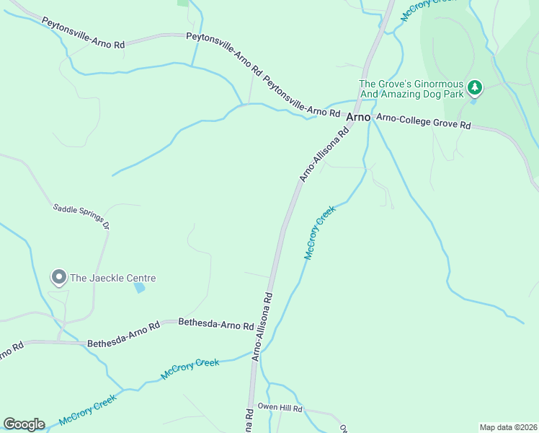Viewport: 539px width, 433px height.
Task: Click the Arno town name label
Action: (358, 117)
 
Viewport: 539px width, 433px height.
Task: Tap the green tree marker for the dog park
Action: (474, 88)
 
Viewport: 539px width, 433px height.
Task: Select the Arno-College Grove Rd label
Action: (424, 121)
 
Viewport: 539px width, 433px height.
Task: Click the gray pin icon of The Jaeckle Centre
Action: (58, 277)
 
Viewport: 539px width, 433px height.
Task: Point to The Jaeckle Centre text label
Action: (112, 278)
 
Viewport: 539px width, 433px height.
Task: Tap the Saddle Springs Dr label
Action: (81, 216)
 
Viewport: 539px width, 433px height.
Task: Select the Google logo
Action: (24, 424)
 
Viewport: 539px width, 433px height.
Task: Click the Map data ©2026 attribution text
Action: (508, 427)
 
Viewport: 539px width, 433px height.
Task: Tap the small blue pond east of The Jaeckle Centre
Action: (139, 288)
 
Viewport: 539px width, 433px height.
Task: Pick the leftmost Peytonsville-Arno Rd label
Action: (83, 33)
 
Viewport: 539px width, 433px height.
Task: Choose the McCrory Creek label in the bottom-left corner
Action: (88, 409)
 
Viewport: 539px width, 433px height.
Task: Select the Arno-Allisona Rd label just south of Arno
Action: (324, 154)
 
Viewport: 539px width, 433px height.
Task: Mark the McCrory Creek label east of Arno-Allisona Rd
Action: (320, 233)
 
